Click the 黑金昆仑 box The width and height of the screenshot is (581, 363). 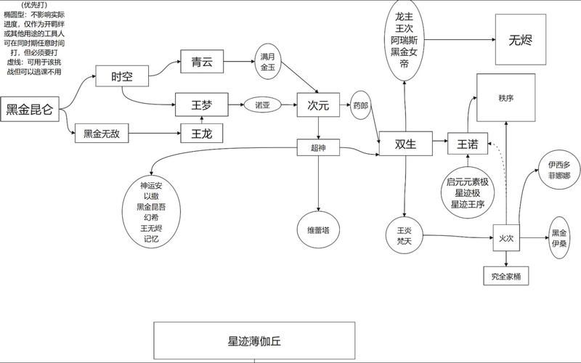click(x=30, y=110)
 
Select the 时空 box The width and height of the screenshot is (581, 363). click(x=121, y=77)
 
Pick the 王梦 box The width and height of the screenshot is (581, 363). click(x=202, y=105)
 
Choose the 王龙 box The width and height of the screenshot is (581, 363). click(x=202, y=134)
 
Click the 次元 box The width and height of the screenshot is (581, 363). click(x=318, y=105)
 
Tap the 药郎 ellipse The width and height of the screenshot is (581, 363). click(x=360, y=105)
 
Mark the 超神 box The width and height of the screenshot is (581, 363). click(x=318, y=147)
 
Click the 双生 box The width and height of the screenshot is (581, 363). click(x=405, y=144)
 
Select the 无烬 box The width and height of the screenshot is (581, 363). click(x=521, y=39)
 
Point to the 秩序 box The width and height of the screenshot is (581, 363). click(x=505, y=97)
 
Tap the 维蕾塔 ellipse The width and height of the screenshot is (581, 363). click(x=318, y=229)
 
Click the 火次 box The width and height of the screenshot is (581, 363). click(x=506, y=237)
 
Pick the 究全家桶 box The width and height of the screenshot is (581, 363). click(x=506, y=276)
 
